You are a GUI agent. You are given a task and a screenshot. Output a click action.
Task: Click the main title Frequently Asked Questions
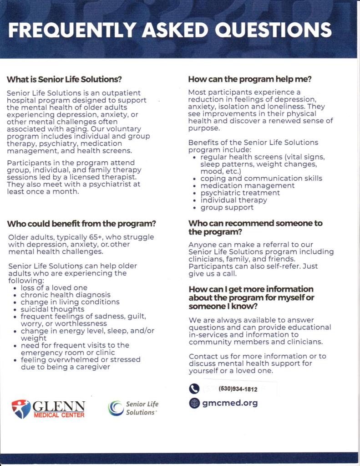point(170,30)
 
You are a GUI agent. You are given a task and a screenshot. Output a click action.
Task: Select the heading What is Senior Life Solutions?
point(64,79)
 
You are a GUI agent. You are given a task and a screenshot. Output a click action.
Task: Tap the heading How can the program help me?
point(250,79)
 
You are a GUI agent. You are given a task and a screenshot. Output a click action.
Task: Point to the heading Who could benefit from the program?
point(81,224)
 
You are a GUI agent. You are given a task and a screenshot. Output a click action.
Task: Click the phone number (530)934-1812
point(238,389)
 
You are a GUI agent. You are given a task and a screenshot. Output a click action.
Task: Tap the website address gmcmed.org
point(230,403)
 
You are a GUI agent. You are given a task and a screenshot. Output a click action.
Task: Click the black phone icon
point(194,389)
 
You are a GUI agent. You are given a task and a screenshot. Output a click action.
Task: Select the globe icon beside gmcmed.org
point(194,403)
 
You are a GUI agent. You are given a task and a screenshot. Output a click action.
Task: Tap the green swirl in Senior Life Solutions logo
point(116,408)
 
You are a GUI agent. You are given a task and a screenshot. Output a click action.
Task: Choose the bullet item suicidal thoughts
point(52,309)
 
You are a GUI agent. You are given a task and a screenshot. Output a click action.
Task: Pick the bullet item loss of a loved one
point(54,288)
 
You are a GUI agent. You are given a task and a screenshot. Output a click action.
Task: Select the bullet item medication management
point(247,186)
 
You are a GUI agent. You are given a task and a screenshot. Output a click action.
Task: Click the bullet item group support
point(227,208)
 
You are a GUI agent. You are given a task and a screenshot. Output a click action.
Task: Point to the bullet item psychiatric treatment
point(240,193)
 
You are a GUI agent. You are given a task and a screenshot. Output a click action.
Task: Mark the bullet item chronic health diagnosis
point(65,295)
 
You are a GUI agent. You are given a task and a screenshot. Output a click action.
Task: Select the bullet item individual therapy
point(233,200)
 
